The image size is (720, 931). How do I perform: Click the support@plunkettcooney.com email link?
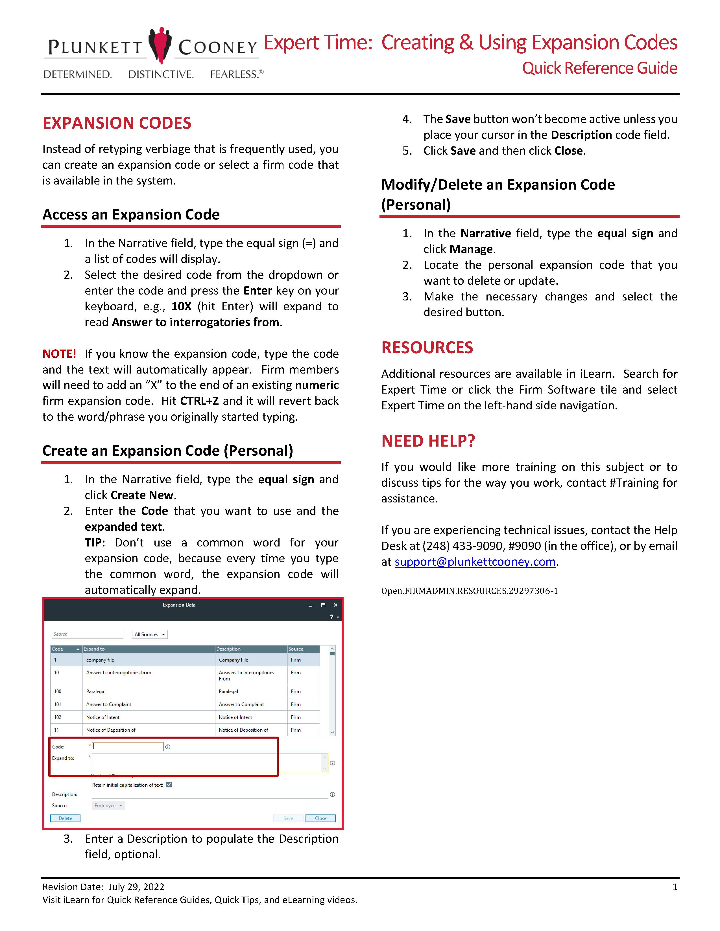(475, 562)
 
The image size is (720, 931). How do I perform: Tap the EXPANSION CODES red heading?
(117, 123)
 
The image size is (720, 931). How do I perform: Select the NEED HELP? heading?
(428, 441)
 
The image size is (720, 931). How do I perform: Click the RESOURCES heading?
(427, 347)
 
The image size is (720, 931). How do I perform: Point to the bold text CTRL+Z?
(199, 401)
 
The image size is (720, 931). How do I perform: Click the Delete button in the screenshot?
(65, 818)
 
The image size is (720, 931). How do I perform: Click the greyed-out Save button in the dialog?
(288, 818)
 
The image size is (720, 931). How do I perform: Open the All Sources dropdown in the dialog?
(149, 634)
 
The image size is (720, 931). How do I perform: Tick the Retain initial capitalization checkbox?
(169, 785)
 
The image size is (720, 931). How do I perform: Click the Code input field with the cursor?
(128, 747)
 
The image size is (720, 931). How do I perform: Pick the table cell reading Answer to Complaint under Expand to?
(109, 704)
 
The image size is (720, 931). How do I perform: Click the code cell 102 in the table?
(58, 717)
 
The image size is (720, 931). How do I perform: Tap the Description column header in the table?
(229, 649)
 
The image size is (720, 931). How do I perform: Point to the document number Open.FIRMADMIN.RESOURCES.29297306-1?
(469, 591)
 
